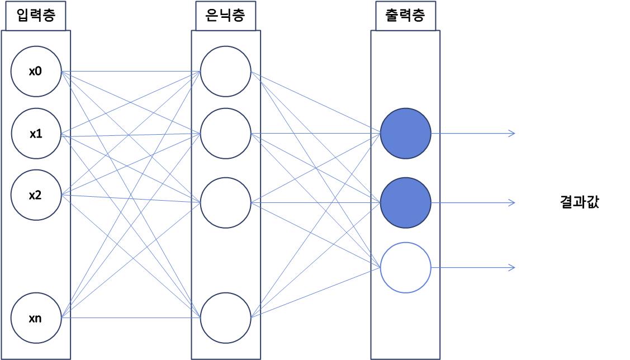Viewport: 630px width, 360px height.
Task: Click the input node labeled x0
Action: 36,72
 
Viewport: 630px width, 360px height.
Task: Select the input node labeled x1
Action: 36,134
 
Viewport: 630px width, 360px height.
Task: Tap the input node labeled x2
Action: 36,195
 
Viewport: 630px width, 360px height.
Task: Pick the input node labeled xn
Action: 36,319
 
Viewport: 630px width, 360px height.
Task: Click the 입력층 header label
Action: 36,16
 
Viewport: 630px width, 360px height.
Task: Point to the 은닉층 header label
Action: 225,16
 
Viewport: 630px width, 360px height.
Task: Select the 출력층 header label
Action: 405,16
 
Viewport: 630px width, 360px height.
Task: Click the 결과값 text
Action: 579,202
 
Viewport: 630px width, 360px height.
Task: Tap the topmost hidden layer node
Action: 225,72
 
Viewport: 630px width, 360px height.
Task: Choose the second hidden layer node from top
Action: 225,134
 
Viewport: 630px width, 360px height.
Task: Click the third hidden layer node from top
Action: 225,202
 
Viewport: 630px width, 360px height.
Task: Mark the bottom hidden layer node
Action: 225,318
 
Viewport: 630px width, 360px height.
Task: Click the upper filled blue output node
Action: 405,134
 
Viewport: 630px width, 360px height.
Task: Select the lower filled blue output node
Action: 405,202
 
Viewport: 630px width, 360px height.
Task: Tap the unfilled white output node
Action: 405,268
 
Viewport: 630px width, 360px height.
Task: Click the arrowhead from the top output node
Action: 511,133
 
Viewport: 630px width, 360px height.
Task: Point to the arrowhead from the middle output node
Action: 511,202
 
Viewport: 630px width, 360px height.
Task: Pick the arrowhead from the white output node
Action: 511,268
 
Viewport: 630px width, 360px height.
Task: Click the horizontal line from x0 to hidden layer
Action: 131,72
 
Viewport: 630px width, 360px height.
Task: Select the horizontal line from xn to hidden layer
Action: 131,318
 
